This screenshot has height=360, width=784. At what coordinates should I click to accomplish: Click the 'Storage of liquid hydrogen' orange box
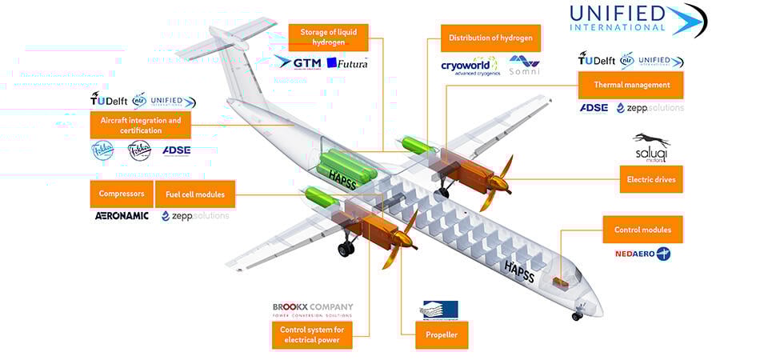click(x=328, y=37)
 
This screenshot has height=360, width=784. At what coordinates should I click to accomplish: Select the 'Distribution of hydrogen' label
click(x=490, y=38)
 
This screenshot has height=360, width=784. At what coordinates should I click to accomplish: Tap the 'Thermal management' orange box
click(x=631, y=84)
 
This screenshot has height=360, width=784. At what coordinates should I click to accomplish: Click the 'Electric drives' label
click(x=651, y=179)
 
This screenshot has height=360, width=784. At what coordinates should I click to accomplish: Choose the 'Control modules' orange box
click(x=642, y=230)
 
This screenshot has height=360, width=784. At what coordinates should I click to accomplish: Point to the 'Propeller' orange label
click(x=436, y=334)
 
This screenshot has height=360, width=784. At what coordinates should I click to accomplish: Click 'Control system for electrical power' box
click(x=310, y=334)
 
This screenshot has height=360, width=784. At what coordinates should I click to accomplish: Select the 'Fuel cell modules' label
click(x=195, y=194)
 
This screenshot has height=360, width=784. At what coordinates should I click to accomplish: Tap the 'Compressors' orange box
click(x=122, y=194)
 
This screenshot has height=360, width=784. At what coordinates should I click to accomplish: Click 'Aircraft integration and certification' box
click(x=141, y=125)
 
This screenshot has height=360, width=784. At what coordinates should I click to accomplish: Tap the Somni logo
click(x=524, y=65)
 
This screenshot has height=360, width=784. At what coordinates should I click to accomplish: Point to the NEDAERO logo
click(x=642, y=254)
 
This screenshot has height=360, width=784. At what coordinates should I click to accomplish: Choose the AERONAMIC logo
click(x=122, y=215)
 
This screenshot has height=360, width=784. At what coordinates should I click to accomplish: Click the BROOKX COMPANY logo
click(x=312, y=310)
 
